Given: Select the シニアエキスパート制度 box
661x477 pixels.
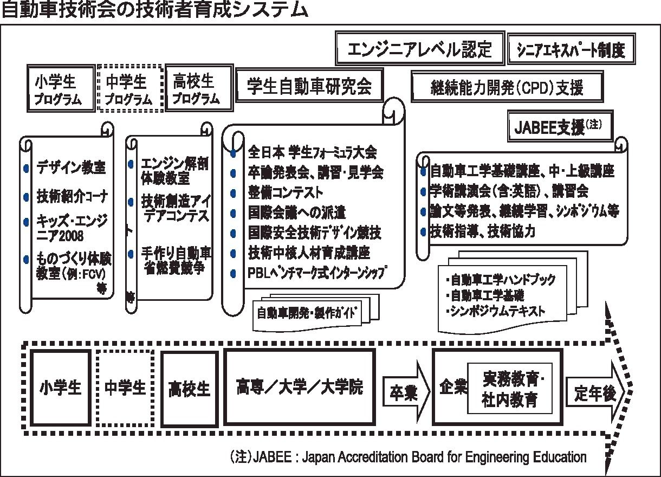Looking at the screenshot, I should click(571, 50).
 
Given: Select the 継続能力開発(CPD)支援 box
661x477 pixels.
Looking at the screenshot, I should click(507, 87).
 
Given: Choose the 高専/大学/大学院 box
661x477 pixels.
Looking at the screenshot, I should click(299, 387).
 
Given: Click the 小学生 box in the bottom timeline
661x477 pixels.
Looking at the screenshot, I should click(60, 388).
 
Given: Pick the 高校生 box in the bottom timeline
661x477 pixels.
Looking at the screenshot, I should click(189, 389).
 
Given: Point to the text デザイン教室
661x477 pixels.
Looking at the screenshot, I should click(70, 167).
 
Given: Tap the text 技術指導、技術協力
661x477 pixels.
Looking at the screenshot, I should click(482, 231).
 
